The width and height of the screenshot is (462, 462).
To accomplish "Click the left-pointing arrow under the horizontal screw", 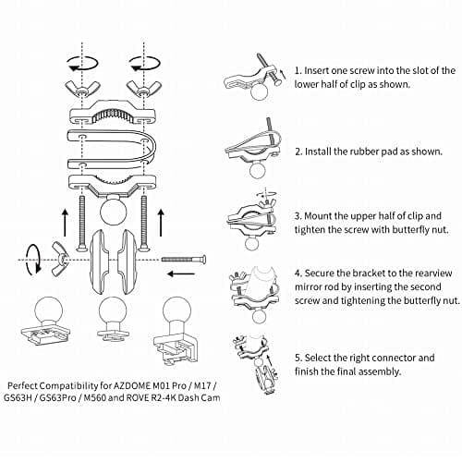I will click(x=180, y=274).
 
